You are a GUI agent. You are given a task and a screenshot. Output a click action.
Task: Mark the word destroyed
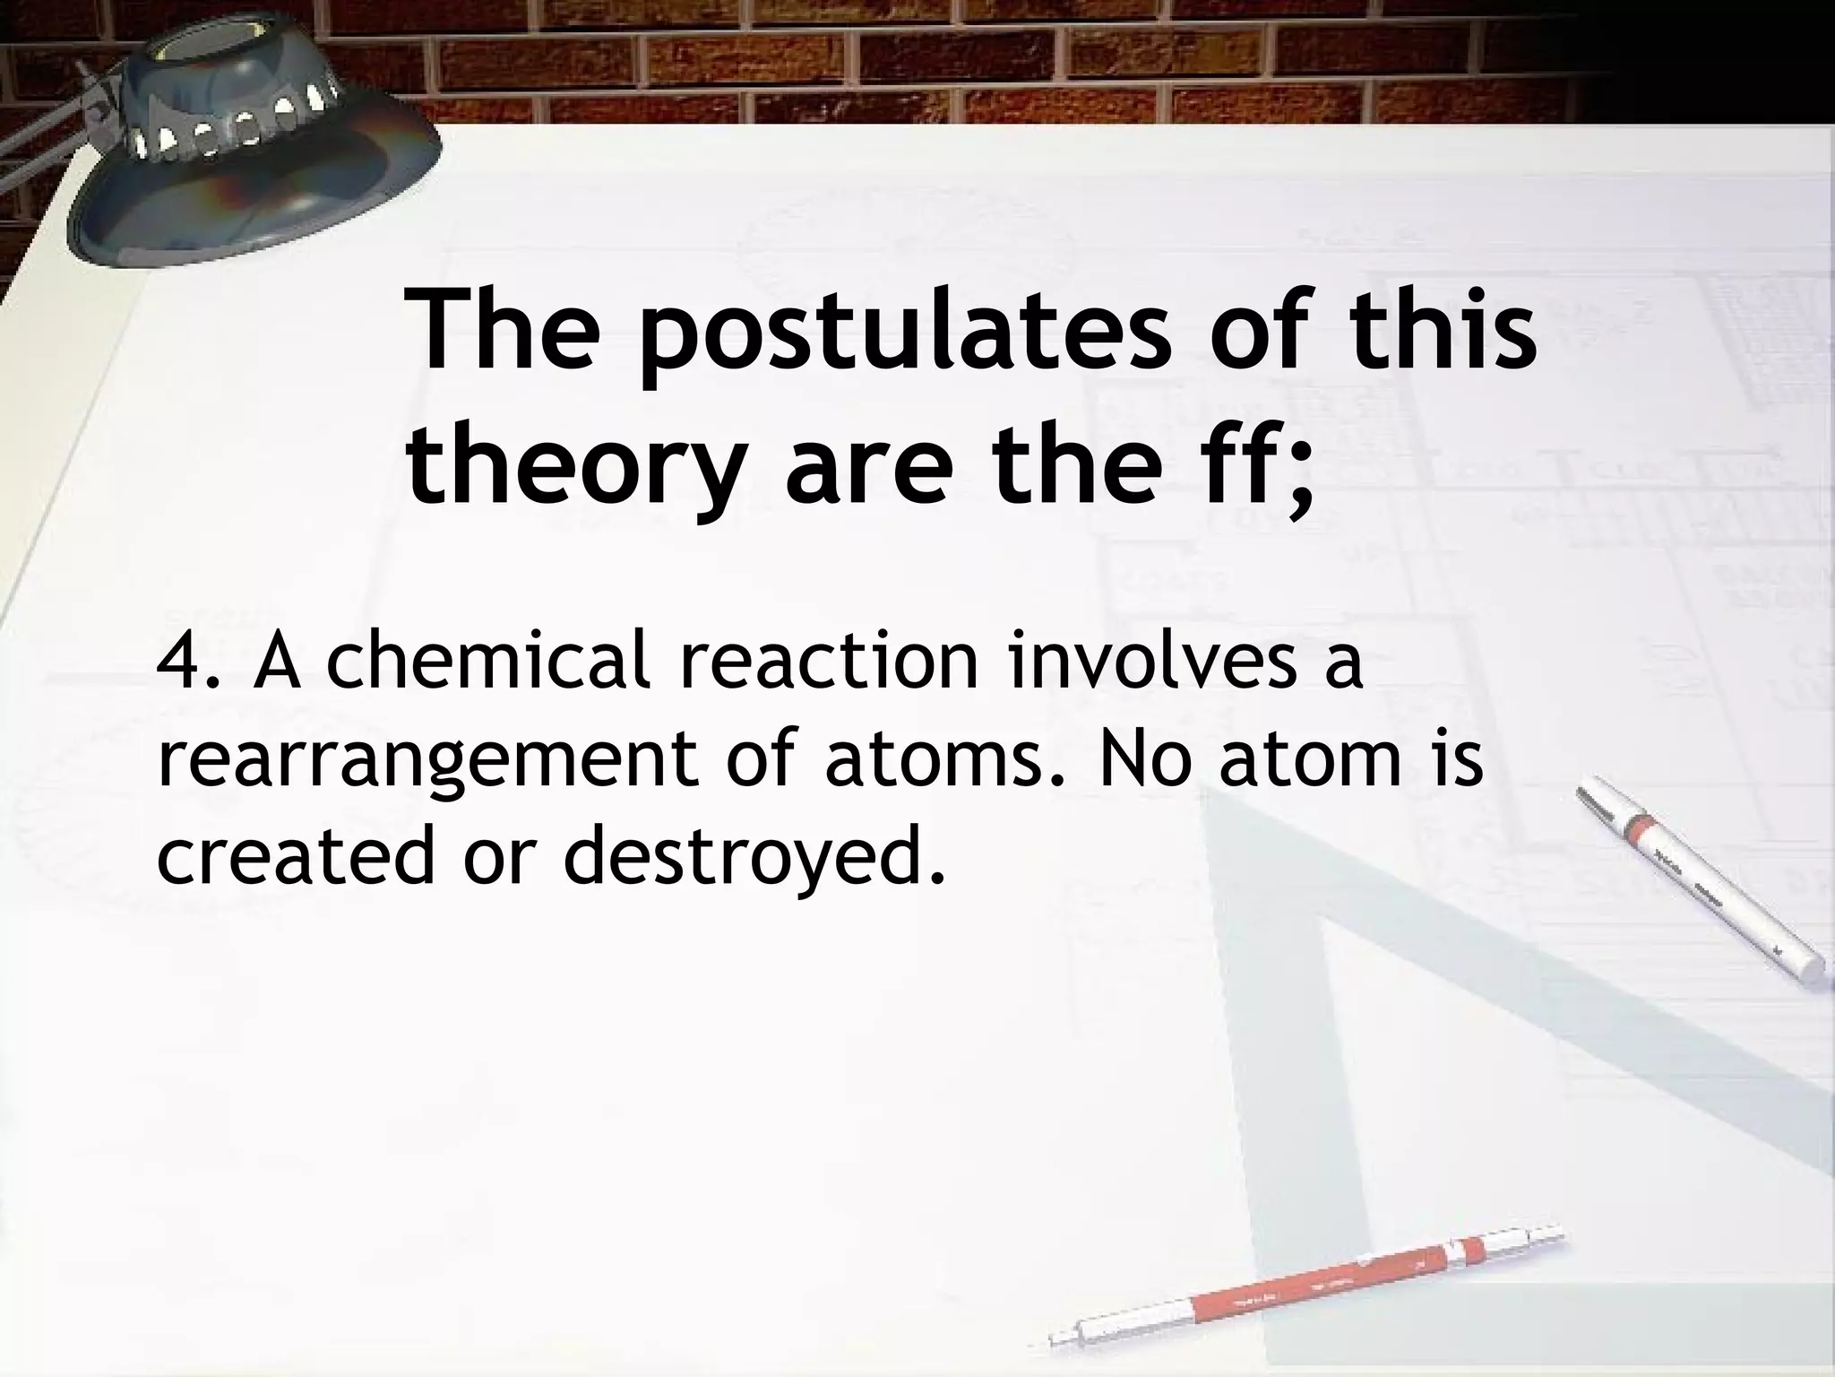[753, 856]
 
